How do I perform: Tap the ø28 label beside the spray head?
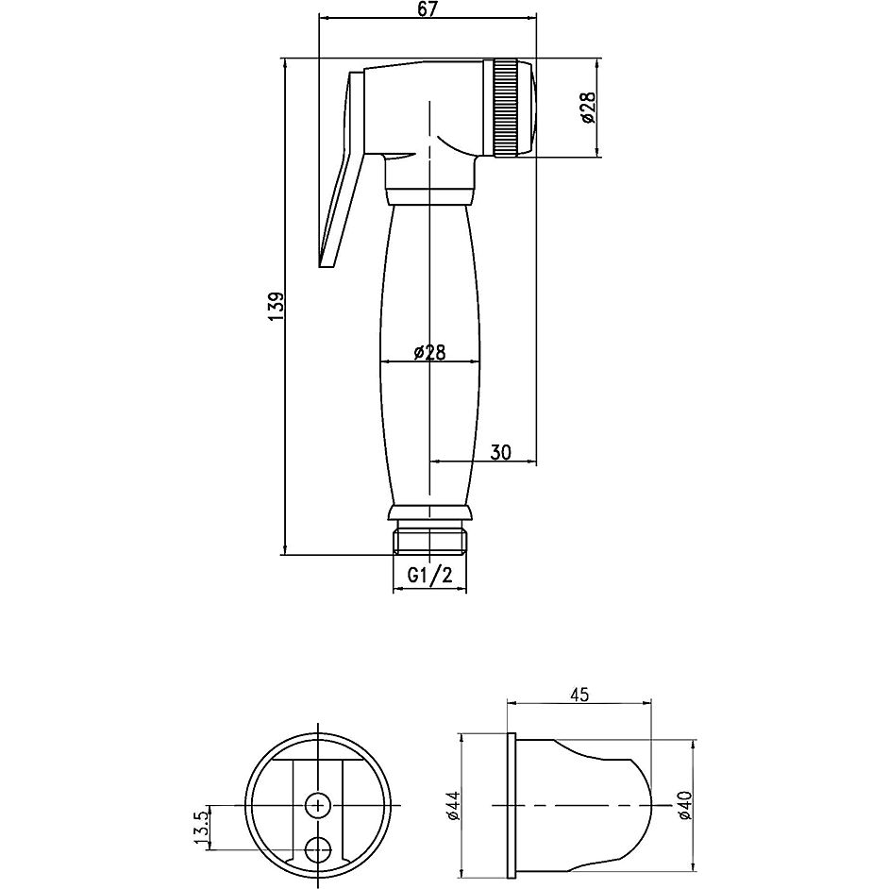[x=587, y=109]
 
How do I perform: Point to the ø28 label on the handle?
[x=429, y=352]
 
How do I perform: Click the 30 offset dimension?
[x=500, y=452]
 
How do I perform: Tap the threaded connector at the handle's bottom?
[x=429, y=539]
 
